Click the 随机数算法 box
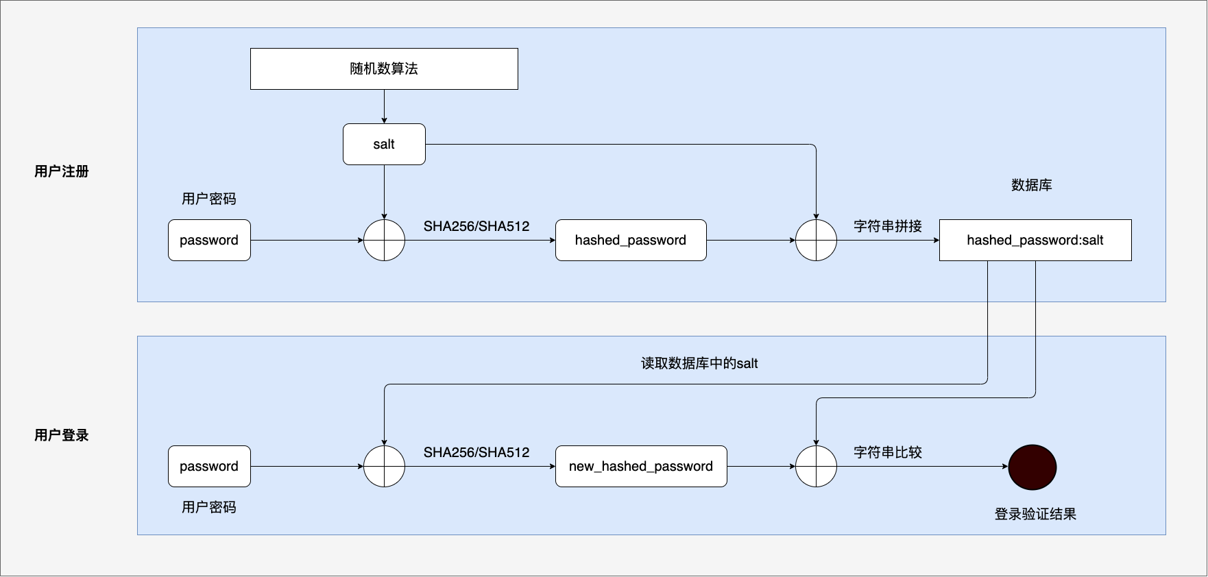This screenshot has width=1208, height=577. click(384, 69)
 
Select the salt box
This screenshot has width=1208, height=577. click(384, 144)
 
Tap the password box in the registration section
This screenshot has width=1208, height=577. click(209, 240)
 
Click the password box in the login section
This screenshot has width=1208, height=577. click(209, 466)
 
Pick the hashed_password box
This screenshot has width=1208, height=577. click(631, 240)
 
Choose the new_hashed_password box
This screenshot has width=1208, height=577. click(641, 466)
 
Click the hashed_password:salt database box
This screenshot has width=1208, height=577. click(1035, 240)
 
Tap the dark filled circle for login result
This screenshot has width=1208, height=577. click(1032, 467)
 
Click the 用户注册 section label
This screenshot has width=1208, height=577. click(62, 171)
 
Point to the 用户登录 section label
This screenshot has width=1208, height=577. click(62, 435)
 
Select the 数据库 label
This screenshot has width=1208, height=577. click(1032, 185)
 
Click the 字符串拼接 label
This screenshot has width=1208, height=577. click(888, 226)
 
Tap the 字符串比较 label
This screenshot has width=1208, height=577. click(888, 452)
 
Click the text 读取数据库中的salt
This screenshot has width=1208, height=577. click(699, 363)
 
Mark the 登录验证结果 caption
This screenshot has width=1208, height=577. click(1035, 514)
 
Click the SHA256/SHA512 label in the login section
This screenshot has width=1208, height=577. click(476, 452)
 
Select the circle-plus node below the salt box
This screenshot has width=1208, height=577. click(384, 240)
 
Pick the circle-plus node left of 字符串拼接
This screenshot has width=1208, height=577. click(816, 240)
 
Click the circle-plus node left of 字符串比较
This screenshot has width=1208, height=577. click(816, 466)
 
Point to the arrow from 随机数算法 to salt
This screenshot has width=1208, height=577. click(384, 107)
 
